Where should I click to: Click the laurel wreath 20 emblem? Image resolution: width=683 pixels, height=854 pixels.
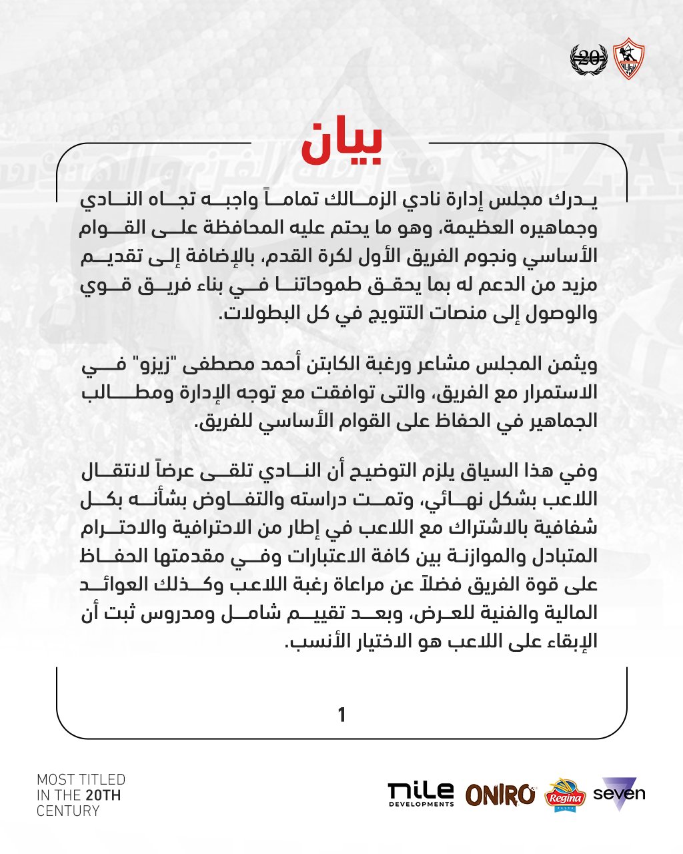click(x=588, y=59)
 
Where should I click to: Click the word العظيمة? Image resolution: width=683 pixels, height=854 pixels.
click(x=479, y=228)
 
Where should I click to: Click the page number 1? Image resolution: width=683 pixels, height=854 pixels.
click(x=341, y=715)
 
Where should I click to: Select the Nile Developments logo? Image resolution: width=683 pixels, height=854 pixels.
click(x=421, y=794)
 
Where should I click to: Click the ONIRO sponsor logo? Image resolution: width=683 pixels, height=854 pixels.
click(x=500, y=794)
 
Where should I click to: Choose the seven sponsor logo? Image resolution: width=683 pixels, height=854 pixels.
click(x=619, y=793)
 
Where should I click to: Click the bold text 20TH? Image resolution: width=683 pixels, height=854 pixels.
click(x=103, y=795)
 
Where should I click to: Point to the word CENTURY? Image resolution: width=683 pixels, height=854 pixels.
click(x=68, y=811)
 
